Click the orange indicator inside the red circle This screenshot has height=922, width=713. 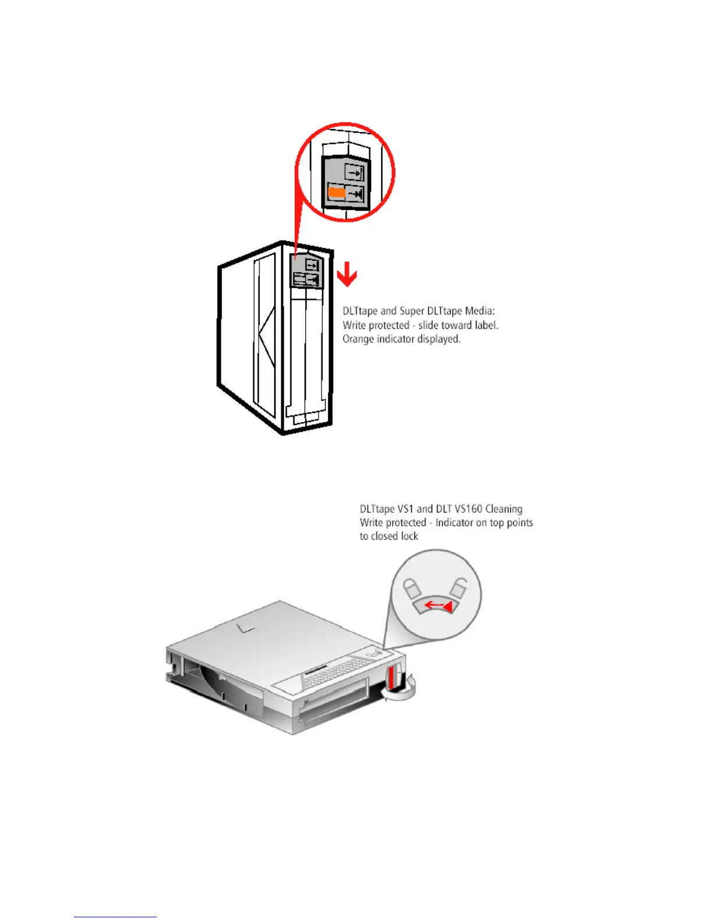coord(336,192)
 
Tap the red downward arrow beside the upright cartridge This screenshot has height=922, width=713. coord(347,274)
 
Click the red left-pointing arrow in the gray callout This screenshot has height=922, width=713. coord(437,606)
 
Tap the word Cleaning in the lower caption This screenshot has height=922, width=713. coord(504,509)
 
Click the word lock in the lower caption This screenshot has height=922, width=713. coord(409,536)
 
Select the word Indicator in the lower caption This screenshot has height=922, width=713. coord(454,523)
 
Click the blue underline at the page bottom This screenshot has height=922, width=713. coord(115,917)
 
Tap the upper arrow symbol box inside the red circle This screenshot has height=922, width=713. coord(354,172)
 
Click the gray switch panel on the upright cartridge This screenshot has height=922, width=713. coord(306,272)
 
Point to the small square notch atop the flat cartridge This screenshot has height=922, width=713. coord(245,627)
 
